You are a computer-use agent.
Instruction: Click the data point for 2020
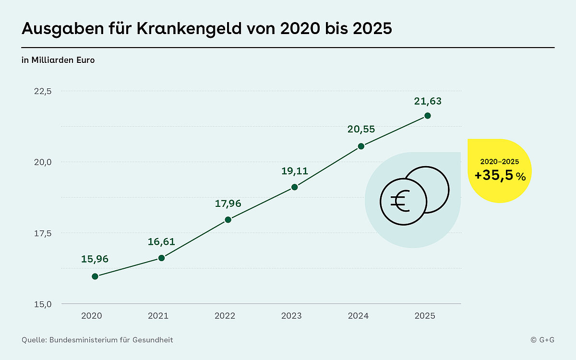click(x=95, y=276)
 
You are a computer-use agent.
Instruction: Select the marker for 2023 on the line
click(x=295, y=187)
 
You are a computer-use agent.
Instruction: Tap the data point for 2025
click(x=428, y=116)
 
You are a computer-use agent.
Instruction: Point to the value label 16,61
click(x=161, y=241)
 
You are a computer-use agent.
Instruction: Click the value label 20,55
click(x=361, y=129)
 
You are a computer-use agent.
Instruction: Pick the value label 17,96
click(x=228, y=204)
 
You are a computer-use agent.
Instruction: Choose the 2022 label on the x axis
click(x=225, y=316)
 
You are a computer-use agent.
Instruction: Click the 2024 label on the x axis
click(x=358, y=316)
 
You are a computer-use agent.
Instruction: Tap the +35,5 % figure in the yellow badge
click(x=500, y=176)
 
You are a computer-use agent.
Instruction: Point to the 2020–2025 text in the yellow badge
click(x=500, y=162)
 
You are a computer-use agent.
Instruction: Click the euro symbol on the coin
click(x=400, y=202)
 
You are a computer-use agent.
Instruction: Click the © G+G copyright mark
click(x=542, y=340)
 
